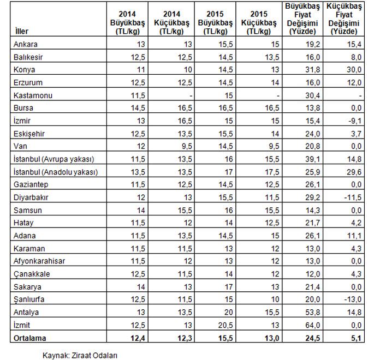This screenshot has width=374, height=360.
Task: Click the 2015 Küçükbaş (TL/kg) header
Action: [x=257, y=22]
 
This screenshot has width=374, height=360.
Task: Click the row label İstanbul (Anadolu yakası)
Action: [x=55, y=171]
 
